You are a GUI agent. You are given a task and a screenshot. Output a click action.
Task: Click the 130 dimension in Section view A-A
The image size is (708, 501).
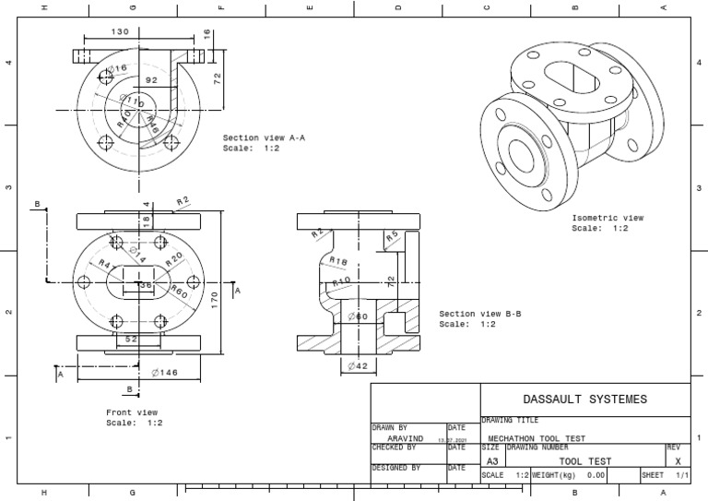pos(120,31)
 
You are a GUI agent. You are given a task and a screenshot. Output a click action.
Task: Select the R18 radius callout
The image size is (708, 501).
pos(338,262)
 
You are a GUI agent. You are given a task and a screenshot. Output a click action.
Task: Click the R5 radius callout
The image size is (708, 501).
pos(392,236)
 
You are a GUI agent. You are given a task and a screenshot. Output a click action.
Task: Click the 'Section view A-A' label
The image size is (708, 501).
pos(264,137)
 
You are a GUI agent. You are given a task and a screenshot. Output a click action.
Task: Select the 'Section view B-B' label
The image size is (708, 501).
pos(480,314)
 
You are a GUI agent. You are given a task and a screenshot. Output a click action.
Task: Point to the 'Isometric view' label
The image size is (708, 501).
pos(608,218)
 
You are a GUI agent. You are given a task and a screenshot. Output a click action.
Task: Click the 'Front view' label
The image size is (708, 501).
pos(132,412)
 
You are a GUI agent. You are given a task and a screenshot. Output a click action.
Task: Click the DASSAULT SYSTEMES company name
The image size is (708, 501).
pos(584,400)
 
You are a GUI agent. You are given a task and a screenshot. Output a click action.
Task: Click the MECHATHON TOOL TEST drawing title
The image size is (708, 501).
pos(536,439)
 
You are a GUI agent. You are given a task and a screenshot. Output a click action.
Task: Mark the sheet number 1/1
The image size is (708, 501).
pos(681,475)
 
